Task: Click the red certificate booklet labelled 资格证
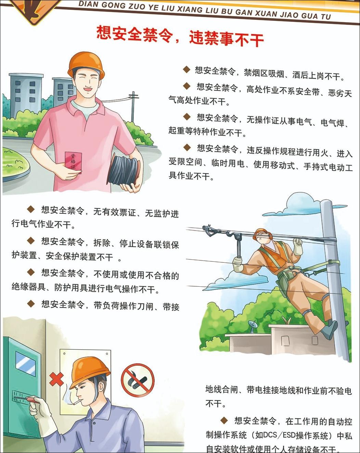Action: coord(73,163)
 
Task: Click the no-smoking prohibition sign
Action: coord(138,380)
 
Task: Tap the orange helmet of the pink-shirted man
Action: coord(86,64)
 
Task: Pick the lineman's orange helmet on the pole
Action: coord(264,233)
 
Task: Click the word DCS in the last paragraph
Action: coord(266,435)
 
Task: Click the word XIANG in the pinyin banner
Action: coord(190,9)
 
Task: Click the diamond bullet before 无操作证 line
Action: coord(187,117)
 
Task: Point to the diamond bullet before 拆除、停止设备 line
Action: coord(31,241)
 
